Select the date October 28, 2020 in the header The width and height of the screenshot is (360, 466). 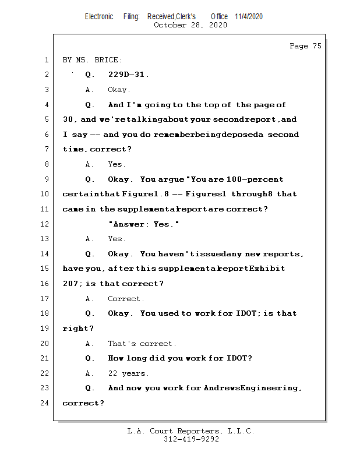[190, 25]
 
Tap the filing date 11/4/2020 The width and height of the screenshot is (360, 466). [249, 16]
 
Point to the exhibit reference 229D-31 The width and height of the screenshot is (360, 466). [128, 75]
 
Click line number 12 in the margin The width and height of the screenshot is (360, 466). [45, 224]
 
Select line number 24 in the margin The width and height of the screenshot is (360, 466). [45, 403]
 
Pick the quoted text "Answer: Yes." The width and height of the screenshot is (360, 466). [143, 224]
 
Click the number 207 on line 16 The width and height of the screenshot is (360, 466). [70, 284]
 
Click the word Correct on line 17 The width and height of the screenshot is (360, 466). [125, 299]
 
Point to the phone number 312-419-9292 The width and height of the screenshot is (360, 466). [191, 439]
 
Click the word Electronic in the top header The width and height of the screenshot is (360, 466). [99, 16]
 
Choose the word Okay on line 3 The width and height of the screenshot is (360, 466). [119, 90]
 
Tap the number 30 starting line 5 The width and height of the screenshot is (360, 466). [68, 119]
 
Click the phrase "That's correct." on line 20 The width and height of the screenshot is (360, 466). [142, 344]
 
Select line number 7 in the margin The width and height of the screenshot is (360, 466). [45, 149]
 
